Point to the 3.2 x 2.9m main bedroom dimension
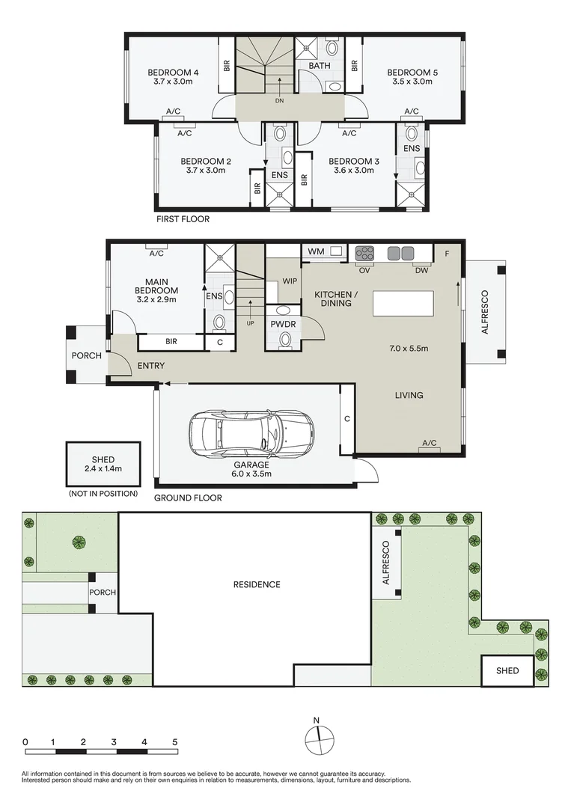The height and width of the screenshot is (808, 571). coord(156,299)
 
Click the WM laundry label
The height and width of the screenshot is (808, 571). coord(317,251)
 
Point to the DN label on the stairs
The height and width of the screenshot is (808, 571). coord(280,100)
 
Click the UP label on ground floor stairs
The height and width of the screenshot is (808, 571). coord(251,323)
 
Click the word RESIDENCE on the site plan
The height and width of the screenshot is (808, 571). coord(256,584)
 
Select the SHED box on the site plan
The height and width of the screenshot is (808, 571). coord(507,671)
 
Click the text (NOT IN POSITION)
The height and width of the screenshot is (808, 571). coord(103,494)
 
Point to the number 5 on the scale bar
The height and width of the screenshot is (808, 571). coord(175,741)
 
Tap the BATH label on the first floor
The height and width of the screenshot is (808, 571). coord(320,66)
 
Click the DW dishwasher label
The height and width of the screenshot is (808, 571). coord(421,271)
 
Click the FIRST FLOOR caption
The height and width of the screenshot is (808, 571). coord(183,219)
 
